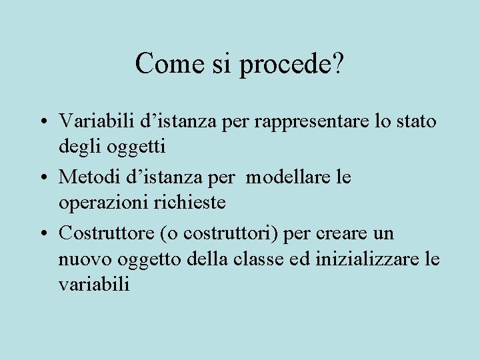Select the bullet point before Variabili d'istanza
[x=42, y=123]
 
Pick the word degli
[x=78, y=145]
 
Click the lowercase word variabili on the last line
[x=94, y=284]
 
